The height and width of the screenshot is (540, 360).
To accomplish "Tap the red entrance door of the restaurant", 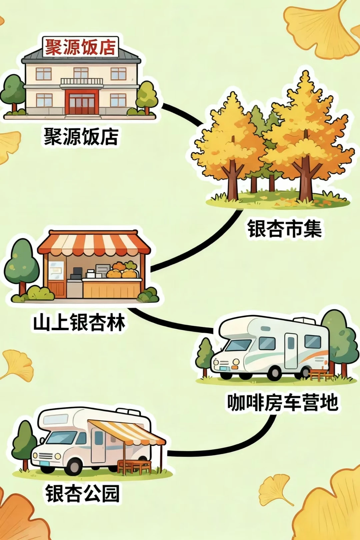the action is (82, 102).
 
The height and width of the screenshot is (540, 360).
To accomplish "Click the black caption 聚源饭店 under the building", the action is (81, 136).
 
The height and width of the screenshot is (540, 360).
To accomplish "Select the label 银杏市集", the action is (284, 229).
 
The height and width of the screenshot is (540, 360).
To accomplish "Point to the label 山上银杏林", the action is (79, 323).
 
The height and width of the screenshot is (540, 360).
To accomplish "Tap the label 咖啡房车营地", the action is (283, 402).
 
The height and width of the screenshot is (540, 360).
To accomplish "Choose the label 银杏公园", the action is (82, 494).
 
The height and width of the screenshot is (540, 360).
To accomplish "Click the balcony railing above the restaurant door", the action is (82, 81).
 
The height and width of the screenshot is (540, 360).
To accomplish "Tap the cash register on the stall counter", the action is (77, 273).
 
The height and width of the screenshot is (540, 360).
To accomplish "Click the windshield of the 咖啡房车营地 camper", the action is (238, 345).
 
